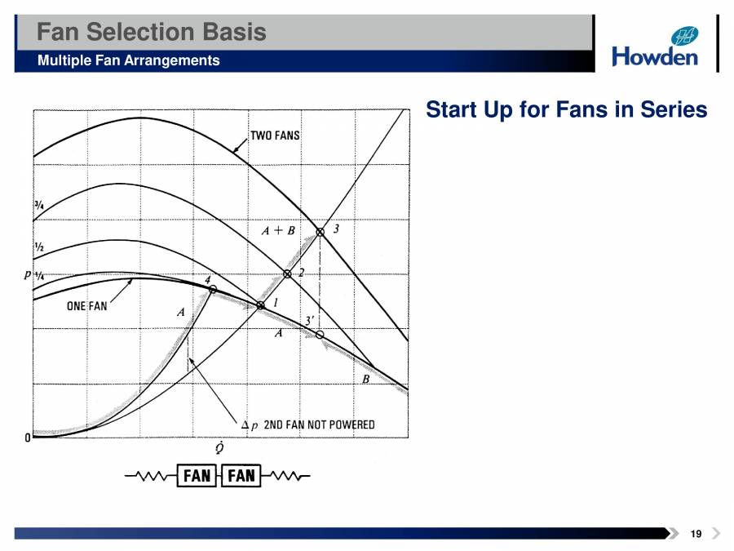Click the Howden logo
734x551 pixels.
(655, 47)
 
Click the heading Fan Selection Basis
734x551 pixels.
(152, 32)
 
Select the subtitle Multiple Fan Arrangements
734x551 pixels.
(128, 60)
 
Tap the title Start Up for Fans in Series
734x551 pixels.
(566, 109)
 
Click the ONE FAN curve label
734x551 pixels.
(86, 307)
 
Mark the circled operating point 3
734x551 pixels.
(321, 232)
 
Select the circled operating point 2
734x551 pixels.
(287, 274)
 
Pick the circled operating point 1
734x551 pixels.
(260, 305)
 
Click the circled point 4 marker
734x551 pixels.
(213, 289)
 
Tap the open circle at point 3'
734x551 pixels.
(320, 335)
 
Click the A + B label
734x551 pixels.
(277, 231)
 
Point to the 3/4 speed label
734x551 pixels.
(38, 206)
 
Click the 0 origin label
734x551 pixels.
(28, 438)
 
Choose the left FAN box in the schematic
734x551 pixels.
(197, 476)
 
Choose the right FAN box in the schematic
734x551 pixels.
(241, 476)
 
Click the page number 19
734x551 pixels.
(695, 534)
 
